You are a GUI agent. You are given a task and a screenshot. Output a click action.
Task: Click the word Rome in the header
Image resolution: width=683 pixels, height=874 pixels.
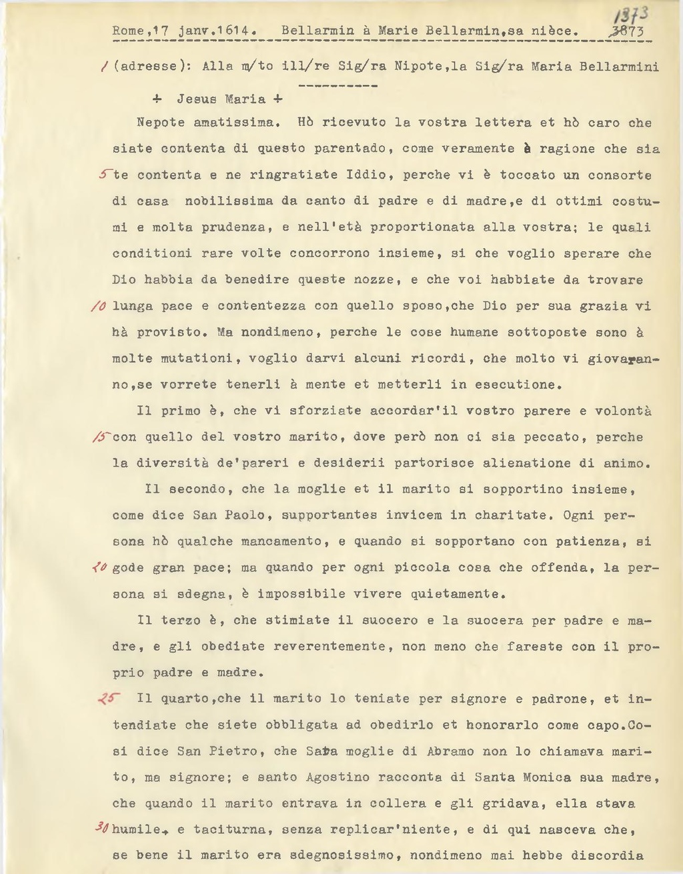click(127, 31)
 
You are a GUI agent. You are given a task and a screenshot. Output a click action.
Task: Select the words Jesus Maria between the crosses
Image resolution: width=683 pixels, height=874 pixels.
click(221, 99)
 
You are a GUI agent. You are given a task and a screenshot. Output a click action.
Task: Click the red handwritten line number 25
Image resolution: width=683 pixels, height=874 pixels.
click(107, 699)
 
